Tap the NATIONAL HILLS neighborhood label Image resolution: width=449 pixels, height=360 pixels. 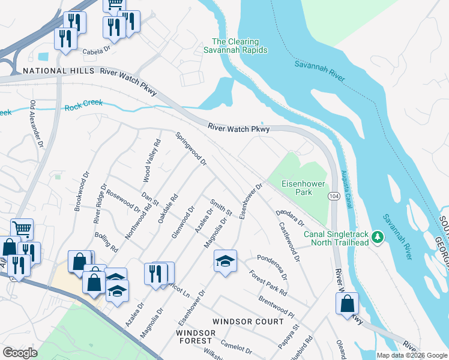pos(59,71)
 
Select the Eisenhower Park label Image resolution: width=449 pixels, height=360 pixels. pos(295,188)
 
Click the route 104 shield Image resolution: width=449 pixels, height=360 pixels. pos(334,196)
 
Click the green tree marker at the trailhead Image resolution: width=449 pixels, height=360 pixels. pos(378,238)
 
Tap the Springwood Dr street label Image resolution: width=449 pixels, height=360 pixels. pos(191,149)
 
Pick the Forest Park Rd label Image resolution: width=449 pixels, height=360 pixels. pos(268,283)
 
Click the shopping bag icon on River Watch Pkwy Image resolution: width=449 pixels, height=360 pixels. pos(348,304)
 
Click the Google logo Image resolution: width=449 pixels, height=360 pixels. pos(20,353)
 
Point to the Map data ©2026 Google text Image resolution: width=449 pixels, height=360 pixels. pos(411,355)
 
